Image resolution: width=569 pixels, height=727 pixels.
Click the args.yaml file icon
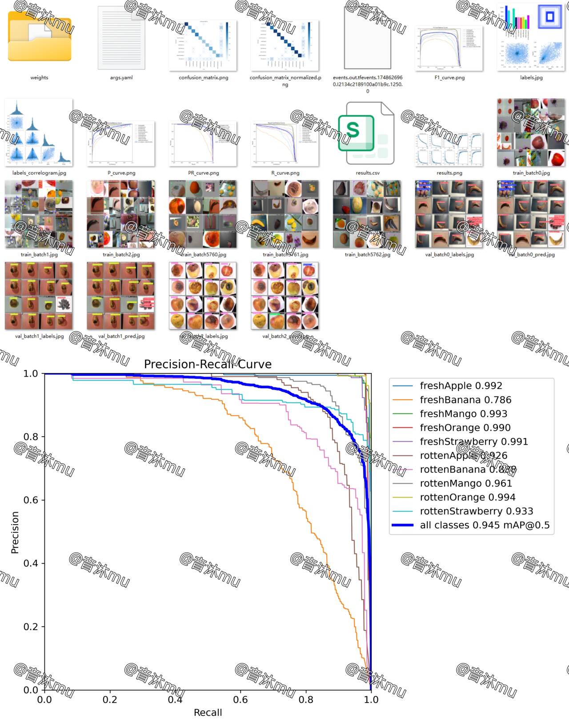pos(121,38)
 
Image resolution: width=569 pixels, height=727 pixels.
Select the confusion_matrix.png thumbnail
pos(203,45)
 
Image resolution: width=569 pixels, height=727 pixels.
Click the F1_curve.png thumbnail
pos(449,48)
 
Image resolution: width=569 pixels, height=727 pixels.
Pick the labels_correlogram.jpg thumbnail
pos(39,132)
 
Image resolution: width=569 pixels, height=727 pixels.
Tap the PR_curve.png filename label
pos(204,173)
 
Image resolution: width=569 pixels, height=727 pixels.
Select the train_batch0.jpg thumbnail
pos(531,132)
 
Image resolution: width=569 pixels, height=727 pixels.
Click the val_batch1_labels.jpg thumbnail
pos(39,296)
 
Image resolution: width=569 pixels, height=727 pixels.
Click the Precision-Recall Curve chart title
pos(208,365)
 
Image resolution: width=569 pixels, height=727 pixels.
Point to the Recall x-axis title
pos(208,712)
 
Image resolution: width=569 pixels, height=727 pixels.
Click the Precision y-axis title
pos(15,532)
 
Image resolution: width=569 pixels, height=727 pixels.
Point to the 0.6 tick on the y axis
pos(31,500)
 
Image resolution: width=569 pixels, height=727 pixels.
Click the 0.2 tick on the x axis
pos(110,699)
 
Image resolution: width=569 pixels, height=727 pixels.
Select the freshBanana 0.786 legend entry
pos(465,400)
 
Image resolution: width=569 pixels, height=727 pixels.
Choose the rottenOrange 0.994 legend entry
pos(467,497)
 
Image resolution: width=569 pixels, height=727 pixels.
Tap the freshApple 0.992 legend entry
pos(461,386)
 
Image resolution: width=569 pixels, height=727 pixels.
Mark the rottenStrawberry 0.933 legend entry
pos(476,511)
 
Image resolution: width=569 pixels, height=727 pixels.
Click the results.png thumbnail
pos(449,149)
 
